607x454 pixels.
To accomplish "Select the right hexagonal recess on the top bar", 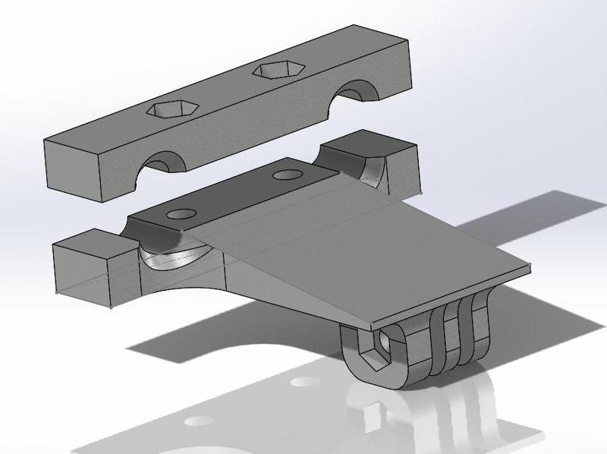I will pos(277,71).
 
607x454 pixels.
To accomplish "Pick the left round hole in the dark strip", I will pos(181,214).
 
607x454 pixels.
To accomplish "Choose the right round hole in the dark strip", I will pos(287,175).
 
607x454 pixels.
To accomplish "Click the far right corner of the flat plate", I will pos(528,266).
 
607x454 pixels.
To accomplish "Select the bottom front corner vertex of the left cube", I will pos(112,308).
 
